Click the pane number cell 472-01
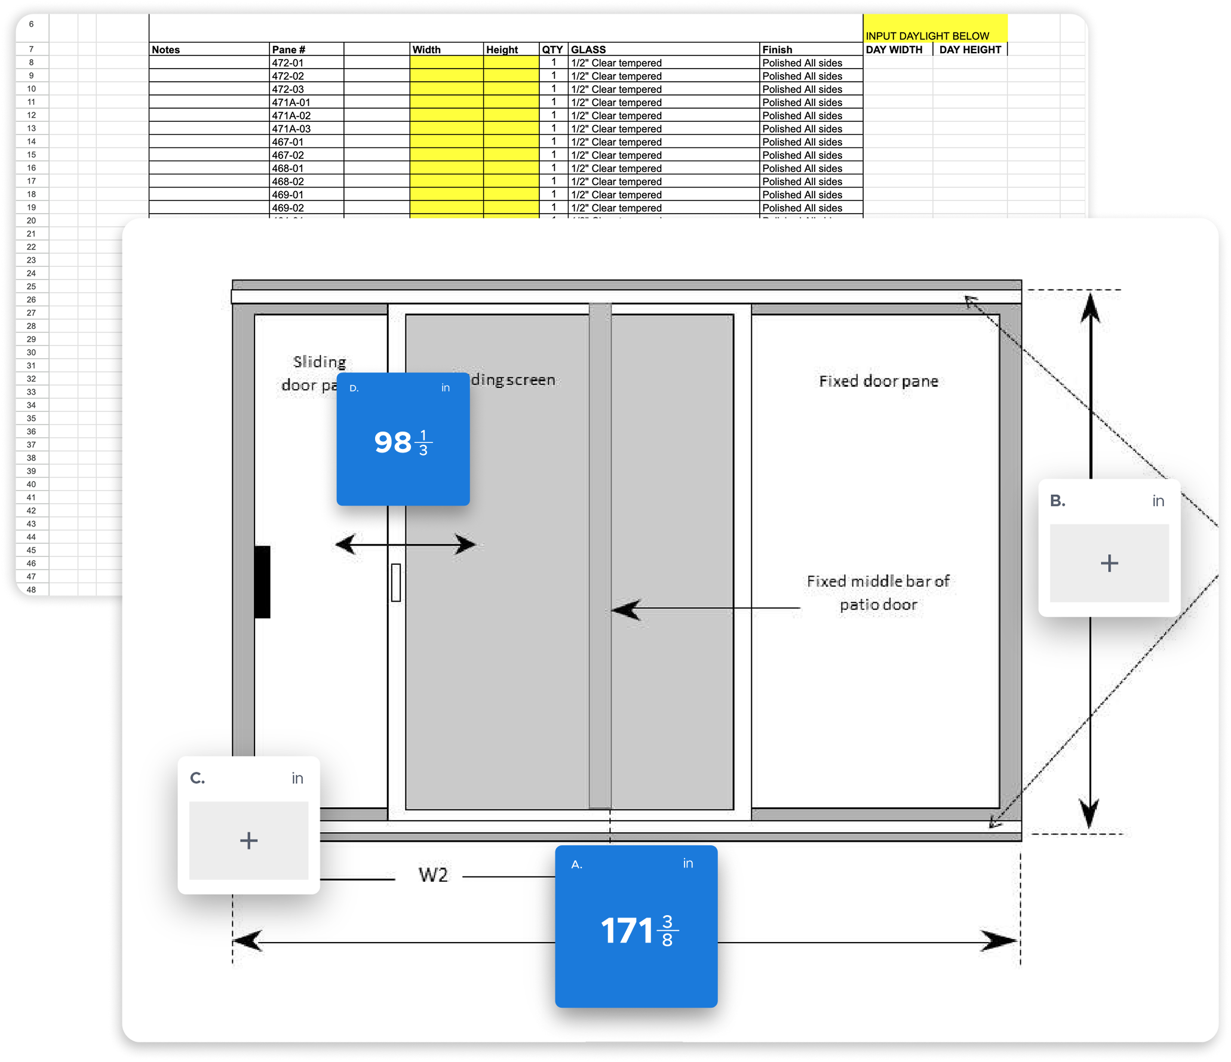click(288, 63)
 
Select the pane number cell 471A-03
click(291, 129)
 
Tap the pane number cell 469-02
click(288, 208)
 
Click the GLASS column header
click(588, 50)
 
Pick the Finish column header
click(777, 50)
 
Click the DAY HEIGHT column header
click(970, 50)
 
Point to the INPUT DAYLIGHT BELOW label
click(928, 36)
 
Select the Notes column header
click(166, 50)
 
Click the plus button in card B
click(1109, 563)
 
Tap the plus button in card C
click(248, 841)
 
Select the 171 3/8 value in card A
click(638, 931)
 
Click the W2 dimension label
click(433, 875)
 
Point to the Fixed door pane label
click(878, 381)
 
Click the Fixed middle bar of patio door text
click(878, 593)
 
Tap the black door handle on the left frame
click(262, 581)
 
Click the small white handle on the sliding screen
click(396, 582)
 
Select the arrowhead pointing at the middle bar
click(625, 610)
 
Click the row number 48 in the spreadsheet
click(31, 590)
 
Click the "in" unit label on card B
click(1158, 501)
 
